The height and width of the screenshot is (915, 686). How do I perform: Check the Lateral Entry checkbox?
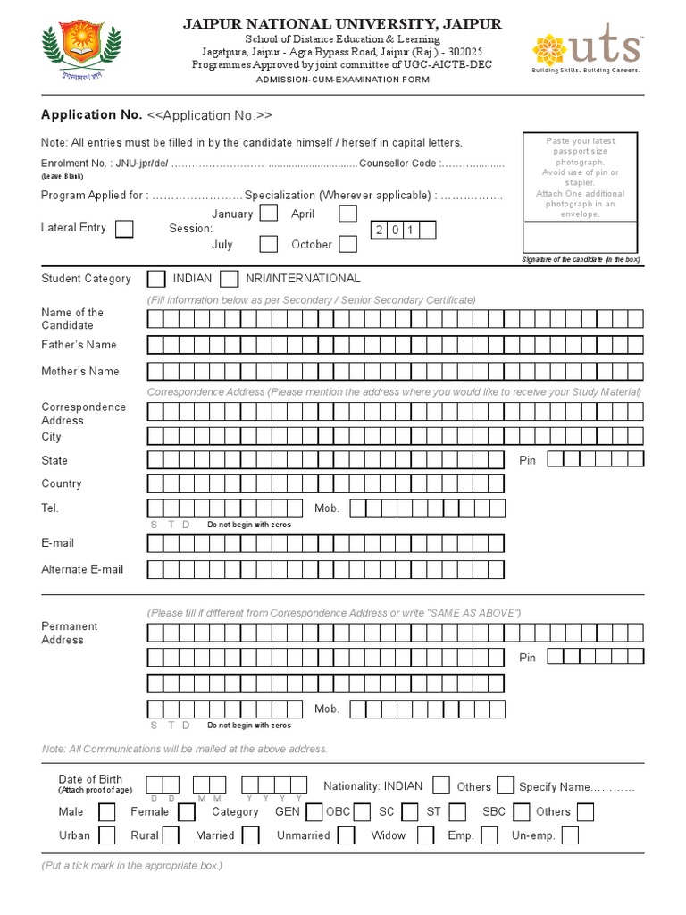[x=124, y=229]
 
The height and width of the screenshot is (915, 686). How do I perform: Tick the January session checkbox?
[x=268, y=214]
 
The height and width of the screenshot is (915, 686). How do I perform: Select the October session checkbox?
[x=347, y=244]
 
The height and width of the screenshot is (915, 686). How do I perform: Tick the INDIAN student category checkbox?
[x=155, y=279]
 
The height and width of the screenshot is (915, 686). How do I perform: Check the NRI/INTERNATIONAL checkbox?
[x=229, y=279]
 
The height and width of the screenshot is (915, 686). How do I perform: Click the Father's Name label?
[x=79, y=345]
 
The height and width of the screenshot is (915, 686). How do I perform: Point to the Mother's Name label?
[x=79, y=371]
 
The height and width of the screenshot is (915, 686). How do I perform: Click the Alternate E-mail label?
[x=82, y=569]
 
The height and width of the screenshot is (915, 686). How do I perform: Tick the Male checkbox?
[x=106, y=812]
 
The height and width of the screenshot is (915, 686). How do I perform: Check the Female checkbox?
[x=186, y=812]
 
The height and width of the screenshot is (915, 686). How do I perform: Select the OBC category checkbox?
[x=363, y=812]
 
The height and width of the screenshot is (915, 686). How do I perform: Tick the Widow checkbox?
[x=426, y=835]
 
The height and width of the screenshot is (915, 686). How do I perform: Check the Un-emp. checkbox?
[x=569, y=835]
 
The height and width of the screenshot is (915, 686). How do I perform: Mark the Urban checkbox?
[x=106, y=835]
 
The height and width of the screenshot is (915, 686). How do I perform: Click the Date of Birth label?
[x=90, y=780]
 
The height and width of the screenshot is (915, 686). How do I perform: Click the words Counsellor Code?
[x=397, y=164]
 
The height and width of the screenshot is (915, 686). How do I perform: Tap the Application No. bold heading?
[x=91, y=115]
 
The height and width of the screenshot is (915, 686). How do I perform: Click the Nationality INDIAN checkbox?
[x=440, y=785]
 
